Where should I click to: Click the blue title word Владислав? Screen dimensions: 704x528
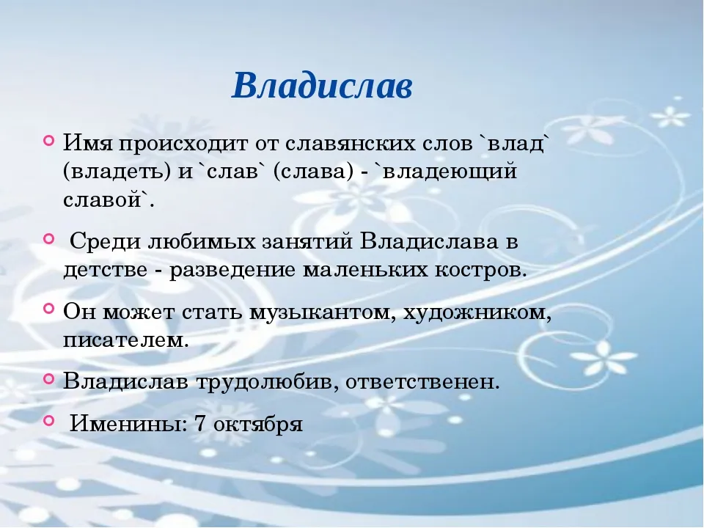pos(322,85)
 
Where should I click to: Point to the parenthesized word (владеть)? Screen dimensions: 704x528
pos(117,172)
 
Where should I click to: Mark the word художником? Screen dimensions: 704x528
pos(477,312)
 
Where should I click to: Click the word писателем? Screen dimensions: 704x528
pos(125,340)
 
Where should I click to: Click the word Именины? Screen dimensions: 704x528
pos(128,423)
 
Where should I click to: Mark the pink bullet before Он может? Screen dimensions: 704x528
pos(49,309)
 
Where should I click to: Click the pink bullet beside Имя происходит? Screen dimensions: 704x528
pos(49,140)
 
